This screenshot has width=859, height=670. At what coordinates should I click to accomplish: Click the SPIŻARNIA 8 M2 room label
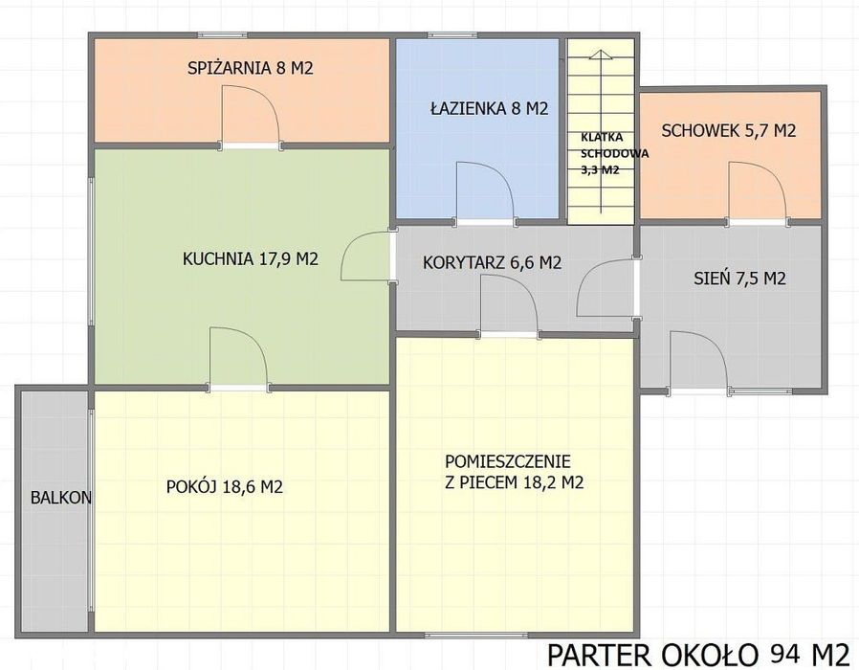[x=251, y=68]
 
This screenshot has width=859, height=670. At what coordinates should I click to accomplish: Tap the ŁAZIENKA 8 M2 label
[x=489, y=108]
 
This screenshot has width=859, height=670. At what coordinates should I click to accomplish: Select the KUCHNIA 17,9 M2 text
[x=251, y=258]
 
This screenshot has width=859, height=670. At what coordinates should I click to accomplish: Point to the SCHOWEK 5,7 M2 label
[x=729, y=130]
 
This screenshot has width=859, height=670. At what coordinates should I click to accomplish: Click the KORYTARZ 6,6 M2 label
[x=492, y=262]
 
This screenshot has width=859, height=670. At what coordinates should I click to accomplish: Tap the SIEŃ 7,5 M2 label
[x=739, y=278]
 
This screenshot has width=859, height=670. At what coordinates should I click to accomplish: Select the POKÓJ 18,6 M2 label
[x=225, y=486]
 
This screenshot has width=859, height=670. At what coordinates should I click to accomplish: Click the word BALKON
[x=61, y=498]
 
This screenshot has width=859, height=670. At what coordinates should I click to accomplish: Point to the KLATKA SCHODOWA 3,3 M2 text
[x=614, y=153]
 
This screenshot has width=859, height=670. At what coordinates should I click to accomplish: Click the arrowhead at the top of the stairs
[x=601, y=54]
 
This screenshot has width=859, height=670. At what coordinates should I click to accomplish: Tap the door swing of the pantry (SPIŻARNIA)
[x=251, y=115]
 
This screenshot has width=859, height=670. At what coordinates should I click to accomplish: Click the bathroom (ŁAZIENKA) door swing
[x=485, y=191]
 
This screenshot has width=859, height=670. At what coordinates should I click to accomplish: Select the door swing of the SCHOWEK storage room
[x=758, y=191]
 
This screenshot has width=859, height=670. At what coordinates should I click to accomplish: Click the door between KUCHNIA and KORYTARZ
[x=368, y=257]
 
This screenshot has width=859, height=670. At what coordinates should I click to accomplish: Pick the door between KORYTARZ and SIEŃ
[x=607, y=287]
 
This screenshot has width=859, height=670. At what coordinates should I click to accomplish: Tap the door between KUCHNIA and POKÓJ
[x=239, y=358]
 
